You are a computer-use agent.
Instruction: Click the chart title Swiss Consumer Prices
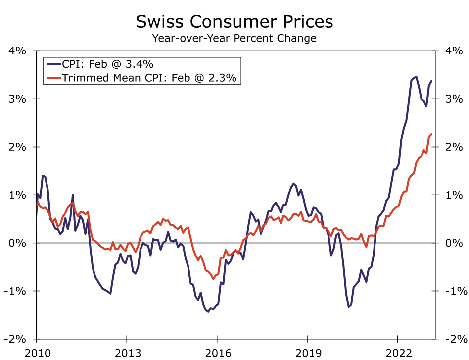234,22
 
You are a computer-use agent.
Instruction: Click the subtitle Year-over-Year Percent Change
234,38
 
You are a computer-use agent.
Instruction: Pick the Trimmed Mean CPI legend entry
143,78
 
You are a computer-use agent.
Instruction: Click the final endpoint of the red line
432,134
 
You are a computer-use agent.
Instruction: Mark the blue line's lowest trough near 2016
208,312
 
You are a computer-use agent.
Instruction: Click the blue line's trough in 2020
349,307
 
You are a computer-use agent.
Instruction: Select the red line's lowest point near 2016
213,279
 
